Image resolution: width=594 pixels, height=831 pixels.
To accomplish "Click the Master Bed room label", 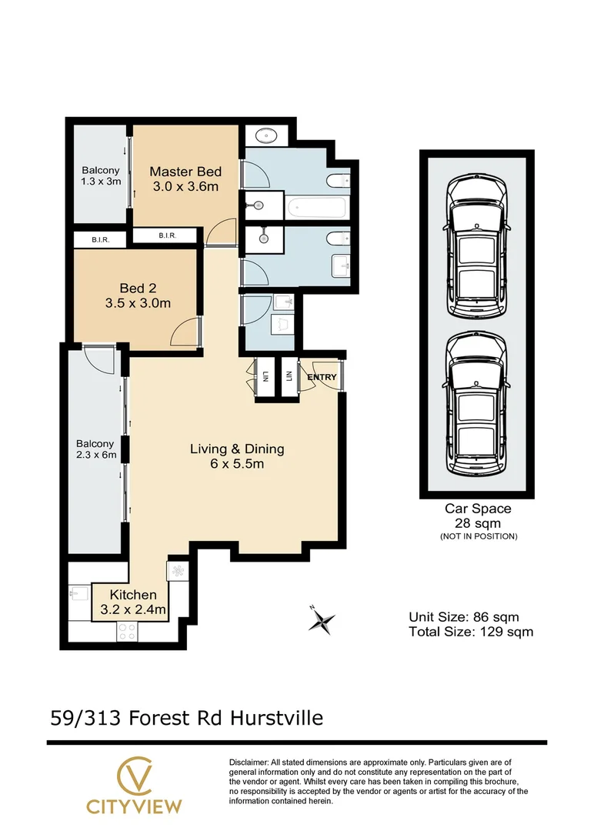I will (185, 179).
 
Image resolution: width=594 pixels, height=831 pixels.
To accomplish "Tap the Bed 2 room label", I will (138, 295).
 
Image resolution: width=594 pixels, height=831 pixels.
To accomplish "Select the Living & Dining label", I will (237, 456).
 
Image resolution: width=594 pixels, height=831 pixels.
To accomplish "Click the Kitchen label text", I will (133, 602).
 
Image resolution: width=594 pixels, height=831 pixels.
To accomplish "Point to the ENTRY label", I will (322, 377).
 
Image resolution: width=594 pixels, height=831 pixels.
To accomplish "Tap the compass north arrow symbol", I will (322, 619).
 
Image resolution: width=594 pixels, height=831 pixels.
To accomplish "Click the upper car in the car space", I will (477, 240).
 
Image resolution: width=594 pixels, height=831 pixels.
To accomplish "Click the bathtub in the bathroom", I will (316, 207).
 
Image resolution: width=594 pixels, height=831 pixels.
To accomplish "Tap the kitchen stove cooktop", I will (127, 632).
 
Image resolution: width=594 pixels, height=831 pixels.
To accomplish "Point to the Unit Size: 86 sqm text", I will (463, 617).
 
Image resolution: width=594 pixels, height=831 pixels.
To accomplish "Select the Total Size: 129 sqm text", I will (470, 632).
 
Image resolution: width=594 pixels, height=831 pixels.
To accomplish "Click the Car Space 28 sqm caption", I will (477, 516).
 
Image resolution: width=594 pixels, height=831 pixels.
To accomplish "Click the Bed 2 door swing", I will (186, 332).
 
